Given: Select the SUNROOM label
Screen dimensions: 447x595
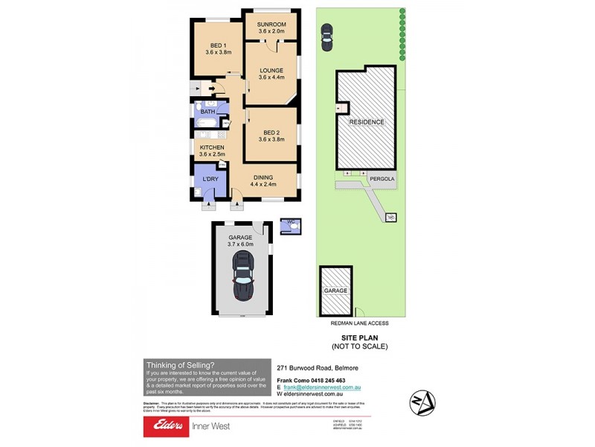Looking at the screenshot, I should pyautogui.click(x=271, y=25).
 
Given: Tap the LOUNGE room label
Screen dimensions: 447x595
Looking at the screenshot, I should pyautogui.click(x=271, y=70).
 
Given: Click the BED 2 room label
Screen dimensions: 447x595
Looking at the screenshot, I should pyautogui.click(x=271, y=131).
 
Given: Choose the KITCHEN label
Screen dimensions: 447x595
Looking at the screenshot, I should pyautogui.click(x=212, y=148).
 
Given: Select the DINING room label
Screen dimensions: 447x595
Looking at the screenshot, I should pyautogui.click(x=263, y=177).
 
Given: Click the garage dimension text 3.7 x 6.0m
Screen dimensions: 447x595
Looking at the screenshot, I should pyautogui.click(x=240, y=244).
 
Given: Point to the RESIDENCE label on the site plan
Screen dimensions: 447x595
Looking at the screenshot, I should pyautogui.click(x=367, y=121).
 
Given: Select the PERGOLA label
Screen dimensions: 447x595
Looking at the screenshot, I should pyautogui.click(x=382, y=179).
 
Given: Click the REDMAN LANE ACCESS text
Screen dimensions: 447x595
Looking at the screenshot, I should pyautogui.click(x=359, y=323).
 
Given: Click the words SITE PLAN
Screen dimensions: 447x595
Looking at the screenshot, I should pyautogui.click(x=359, y=337).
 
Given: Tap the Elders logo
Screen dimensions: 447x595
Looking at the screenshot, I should pyautogui.click(x=170, y=426).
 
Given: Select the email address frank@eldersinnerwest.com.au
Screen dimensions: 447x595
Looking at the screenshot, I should pyautogui.click(x=321, y=387).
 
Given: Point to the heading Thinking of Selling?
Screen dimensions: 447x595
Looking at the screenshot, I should pyautogui.click(x=180, y=365).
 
